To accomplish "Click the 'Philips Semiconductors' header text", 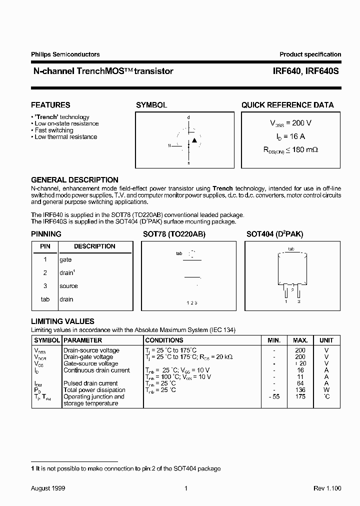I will pos(65,54).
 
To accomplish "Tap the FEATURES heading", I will pos(50,105).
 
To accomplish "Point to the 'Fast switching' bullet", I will pos(53,130).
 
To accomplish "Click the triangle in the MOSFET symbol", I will pos(194,140).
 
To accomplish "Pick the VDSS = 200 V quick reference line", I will pos(291,123).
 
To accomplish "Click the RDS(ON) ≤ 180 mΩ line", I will pos(291,149).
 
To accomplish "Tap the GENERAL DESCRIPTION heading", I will pos(74,179).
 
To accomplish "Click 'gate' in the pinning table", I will pos(65,259).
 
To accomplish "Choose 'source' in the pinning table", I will pos(68,286).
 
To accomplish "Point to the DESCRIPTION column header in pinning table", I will pos(94,246).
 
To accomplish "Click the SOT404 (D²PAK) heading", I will pos(274,234).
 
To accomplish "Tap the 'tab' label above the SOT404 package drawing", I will pos(291,248).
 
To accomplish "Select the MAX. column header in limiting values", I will pos(300,340).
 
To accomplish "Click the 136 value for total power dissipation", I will pos(300,390).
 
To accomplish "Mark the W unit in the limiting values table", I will pos(326,390).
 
